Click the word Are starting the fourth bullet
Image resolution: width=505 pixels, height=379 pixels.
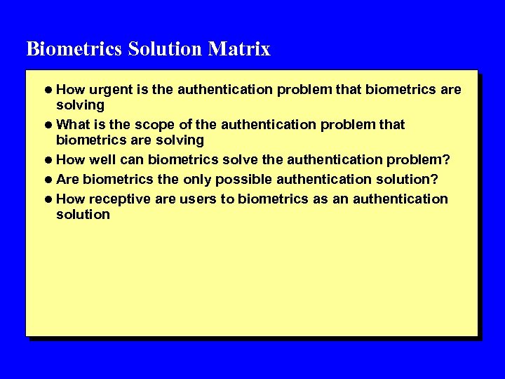[68, 179]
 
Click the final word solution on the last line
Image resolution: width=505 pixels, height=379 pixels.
[83, 214]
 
